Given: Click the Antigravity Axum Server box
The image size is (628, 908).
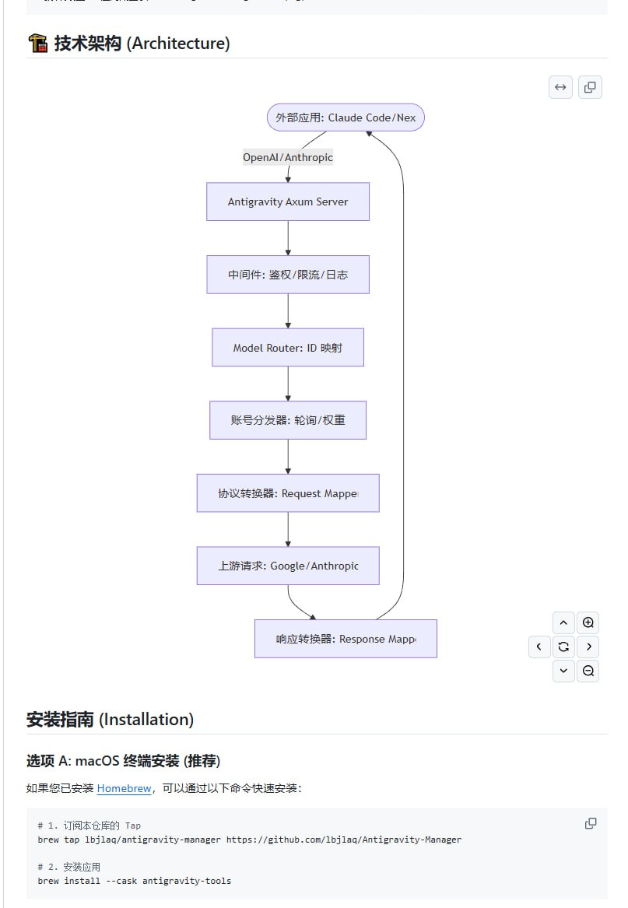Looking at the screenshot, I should point(288,202).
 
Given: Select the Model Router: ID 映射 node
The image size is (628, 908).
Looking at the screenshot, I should point(288,348).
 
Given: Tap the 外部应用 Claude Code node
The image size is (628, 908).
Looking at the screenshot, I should point(346,117).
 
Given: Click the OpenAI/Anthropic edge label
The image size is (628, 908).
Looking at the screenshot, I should point(288,157).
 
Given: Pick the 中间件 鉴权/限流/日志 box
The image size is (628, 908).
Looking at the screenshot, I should point(288,275).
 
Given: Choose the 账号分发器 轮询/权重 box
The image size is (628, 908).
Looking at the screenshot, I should point(288,420).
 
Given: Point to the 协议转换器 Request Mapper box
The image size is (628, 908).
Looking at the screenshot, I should point(288,493).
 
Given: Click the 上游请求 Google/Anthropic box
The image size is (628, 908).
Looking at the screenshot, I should point(288,566).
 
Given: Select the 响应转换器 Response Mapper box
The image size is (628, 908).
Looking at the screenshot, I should point(346,639).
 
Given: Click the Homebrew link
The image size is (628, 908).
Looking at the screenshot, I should point(124,788).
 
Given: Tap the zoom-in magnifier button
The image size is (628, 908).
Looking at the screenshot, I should point(588,622).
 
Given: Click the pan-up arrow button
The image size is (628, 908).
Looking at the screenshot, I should point(563,622).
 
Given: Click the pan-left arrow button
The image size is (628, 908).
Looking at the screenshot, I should point(539,647).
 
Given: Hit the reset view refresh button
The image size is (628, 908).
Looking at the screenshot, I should point(563,647).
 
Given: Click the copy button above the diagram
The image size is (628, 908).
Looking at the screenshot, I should point(590,87).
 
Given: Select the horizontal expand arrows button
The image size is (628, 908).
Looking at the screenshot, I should point(560,87).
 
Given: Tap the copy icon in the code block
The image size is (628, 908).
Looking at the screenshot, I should point(591,823).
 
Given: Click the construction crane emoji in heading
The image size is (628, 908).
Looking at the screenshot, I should point(37,43).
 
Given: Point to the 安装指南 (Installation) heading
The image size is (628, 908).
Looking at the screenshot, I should point(110,719).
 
